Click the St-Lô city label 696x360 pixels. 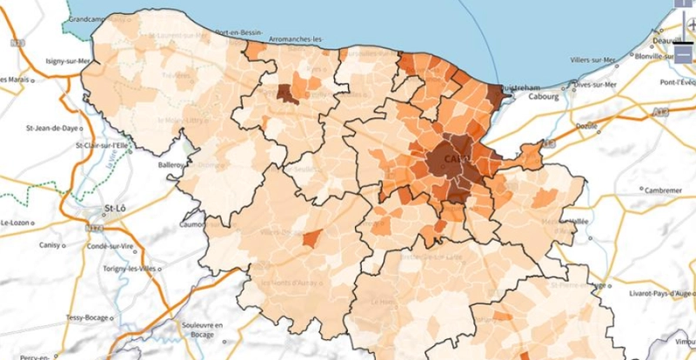point(116,209)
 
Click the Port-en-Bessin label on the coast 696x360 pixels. point(240,32)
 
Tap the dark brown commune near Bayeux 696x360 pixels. point(286,94)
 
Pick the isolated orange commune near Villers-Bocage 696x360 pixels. point(312,237)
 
